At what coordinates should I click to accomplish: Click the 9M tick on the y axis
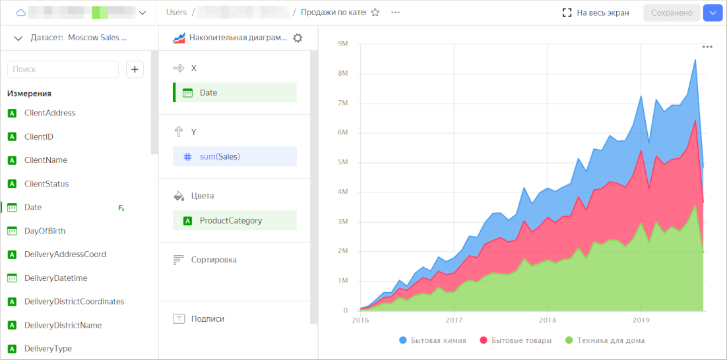point(343,44)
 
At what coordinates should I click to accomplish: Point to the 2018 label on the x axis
point(548,320)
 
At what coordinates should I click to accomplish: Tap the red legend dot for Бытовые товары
point(484,341)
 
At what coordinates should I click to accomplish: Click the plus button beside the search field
point(135,69)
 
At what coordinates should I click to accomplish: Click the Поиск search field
point(63,69)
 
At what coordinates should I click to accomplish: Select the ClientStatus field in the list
point(46,184)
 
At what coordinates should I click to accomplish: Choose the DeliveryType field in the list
point(47,349)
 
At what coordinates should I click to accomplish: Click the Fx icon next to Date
point(121,208)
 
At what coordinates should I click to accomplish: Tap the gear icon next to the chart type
point(298,38)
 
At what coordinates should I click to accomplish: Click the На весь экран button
point(596,13)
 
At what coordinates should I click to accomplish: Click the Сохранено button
point(672,13)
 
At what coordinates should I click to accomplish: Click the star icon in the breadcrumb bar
point(375,13)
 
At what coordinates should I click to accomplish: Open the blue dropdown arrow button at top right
point(712,13)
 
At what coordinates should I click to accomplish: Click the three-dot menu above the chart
point(707,47)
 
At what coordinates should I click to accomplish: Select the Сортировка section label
point(213,260)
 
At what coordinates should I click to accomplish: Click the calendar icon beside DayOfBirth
point(12,231)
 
